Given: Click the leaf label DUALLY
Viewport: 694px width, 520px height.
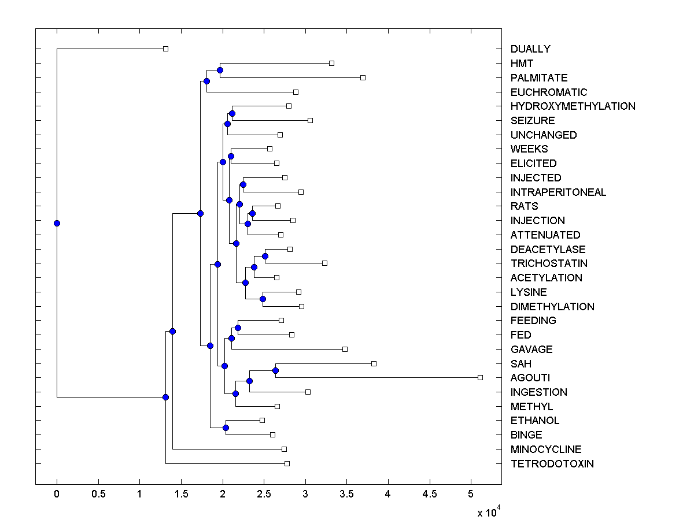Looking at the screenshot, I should tap(530, 49).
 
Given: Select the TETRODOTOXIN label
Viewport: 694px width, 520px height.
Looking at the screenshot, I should tap(552, 464).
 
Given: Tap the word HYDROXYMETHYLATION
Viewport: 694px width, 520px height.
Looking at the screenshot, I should tap(573, 106).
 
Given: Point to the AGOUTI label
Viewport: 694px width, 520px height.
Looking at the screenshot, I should tap(529, 378).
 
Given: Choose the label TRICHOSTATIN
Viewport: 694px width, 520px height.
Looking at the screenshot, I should tap(549, 263).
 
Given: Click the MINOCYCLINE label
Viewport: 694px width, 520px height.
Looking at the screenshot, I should tap(546, 450).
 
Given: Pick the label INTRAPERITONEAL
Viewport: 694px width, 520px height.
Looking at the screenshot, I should tap(558, 192).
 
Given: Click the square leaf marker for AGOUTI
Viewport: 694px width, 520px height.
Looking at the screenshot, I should tap(480, 377).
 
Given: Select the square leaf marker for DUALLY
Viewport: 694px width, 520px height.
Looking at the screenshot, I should tap(165, 49).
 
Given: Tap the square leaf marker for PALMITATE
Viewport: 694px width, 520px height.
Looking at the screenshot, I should tap(363, 77).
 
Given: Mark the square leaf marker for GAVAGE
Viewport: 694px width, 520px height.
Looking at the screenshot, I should tap(345, 349).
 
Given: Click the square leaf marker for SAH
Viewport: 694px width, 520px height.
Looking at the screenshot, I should tap(374, 363).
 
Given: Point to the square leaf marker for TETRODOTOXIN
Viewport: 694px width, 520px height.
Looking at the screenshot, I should tap(287, 463).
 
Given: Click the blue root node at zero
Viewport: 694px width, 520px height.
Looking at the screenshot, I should tap(57, 223).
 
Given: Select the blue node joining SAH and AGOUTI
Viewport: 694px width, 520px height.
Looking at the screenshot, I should tap(276, 370).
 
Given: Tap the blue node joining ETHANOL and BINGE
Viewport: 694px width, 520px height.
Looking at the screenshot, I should tap(226, 428).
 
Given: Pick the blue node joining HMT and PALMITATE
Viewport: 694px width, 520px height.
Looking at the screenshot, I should tap(220, 70).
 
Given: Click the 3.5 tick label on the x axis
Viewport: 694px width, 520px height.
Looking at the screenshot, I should tap(346, 495).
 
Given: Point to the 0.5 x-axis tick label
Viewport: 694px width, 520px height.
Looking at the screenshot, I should tap(98, 495).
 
